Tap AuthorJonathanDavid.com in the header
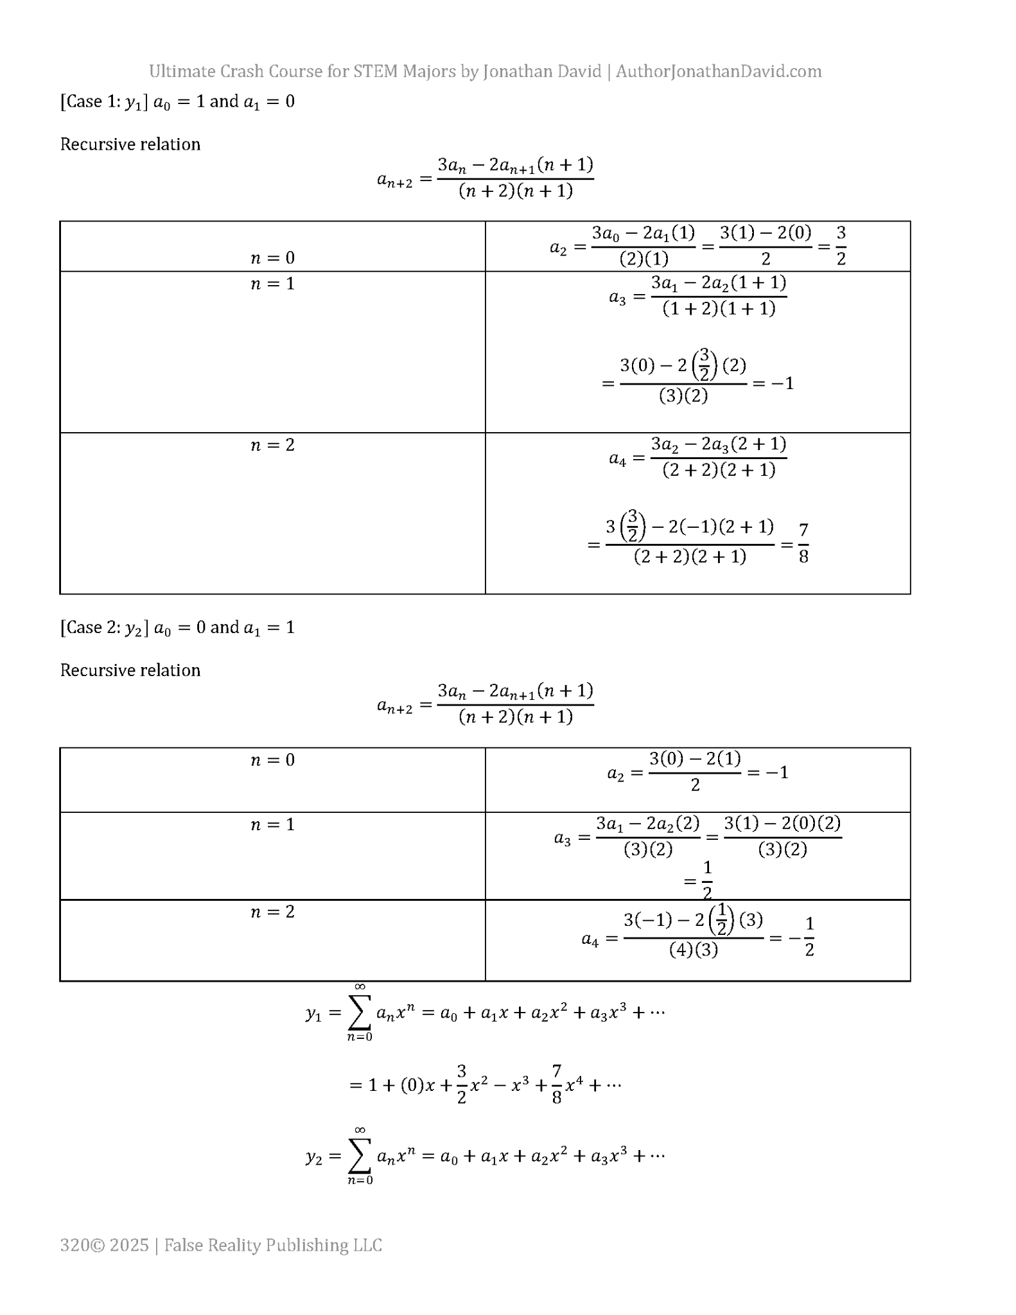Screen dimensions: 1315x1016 [718, 71]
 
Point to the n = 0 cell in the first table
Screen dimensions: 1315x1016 [272, 257]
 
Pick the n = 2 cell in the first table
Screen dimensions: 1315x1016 [272, 444]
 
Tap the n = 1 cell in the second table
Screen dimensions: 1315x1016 [272, 824]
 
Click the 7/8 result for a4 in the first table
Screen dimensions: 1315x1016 [803, 543]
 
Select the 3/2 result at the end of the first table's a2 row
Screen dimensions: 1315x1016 [841, 245]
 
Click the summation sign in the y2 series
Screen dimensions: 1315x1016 [360, 1157]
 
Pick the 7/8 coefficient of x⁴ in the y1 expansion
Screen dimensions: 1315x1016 [557, 1084]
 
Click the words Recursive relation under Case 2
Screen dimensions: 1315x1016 [130, 670]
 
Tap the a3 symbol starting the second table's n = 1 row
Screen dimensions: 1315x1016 [563, 838]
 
